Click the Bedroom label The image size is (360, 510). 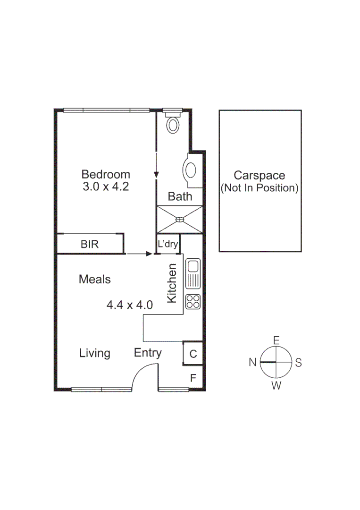(x=106, y=174)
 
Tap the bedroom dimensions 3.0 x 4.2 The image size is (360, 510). (x=106, y=187)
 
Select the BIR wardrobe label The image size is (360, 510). (x=89, y=244)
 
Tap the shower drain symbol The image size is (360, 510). (x=180, y=220)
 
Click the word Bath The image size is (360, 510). (x=180, y=196)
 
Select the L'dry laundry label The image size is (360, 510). (x=167, y=244)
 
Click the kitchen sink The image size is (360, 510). (x=193, y=273)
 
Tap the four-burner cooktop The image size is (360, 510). (x=193, y=301)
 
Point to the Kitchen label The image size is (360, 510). (x=172, y=283)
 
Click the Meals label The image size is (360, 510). (x=94, y=279)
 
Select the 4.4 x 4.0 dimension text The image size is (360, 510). (x=130, y=305)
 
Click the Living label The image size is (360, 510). (x=94, y=353)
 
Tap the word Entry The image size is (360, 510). (x=148, y=353)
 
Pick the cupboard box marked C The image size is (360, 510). (x=193, y=353)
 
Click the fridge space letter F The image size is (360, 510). (x=193, y=378)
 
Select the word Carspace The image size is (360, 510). (x=260, y=175)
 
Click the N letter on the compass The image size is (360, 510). (x=252, y=362)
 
